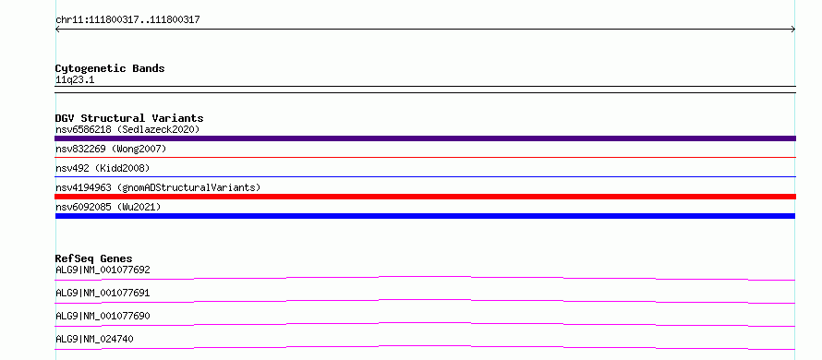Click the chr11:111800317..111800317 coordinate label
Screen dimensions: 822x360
pyautogui.click(x=127, y=20)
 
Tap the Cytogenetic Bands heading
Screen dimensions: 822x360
pyautogui.click(x=110, y=68)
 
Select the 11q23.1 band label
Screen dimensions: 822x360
pyautogui.click(x=75, y=80)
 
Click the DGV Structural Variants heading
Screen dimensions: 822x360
pyautogui.click(x=129, y=118)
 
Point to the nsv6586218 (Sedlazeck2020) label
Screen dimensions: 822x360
pyautogui.click(x=127, y=129)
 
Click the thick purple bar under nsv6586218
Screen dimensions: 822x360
pyautogui.click(x=425, y=138)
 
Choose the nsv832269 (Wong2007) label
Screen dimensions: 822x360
pyautogui.click(x=111, y=150)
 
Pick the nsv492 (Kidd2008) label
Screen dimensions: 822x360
pyautogui.click(x=103, y=168)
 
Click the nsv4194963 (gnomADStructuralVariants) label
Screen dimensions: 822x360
pyautogui.click(x=158, y=187)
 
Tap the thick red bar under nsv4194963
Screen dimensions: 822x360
pyautogui.click(x=425, y=197)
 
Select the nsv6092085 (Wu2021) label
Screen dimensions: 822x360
pyautogui.click(x=108, y=207)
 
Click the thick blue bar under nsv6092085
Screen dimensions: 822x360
pyautogui.click(x=425, y=216)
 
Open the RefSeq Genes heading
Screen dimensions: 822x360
pyautogui.click(x=94, y=258)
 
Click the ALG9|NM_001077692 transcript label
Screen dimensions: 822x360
pyautogui.click(x=103, y=270)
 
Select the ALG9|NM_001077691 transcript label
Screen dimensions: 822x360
pyautogui.click(x=103, y=294)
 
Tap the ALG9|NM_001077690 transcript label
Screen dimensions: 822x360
pyautogui.click(x=103, y=317)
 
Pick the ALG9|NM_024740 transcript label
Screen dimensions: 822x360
pyautogui.click(x=94, y=340)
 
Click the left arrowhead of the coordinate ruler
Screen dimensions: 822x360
pyautogui.click(x=56, y=30)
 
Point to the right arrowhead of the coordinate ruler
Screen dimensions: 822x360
pyautogui.click(x=794, y=30)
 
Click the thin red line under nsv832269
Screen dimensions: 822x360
pyautogui.click(x=425, y=157)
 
